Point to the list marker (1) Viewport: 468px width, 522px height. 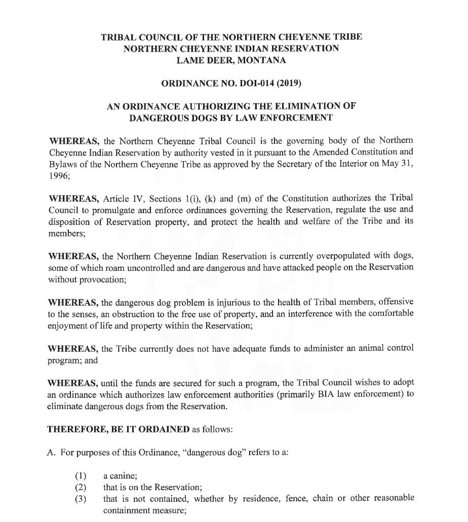(81, 476)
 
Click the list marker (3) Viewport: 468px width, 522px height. (81, 498)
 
